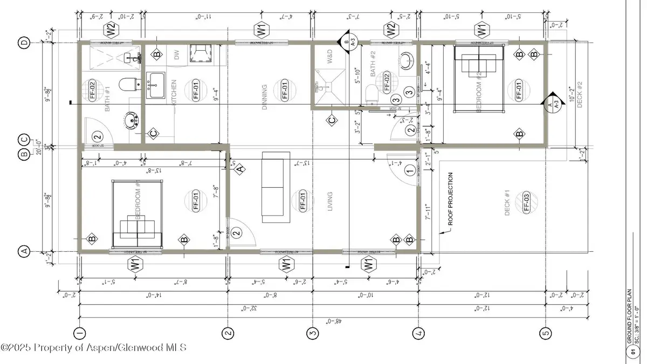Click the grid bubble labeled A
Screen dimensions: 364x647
click(24, 251)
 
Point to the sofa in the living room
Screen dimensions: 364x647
click(276, 187)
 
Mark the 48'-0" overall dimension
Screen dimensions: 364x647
click(311, 320)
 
